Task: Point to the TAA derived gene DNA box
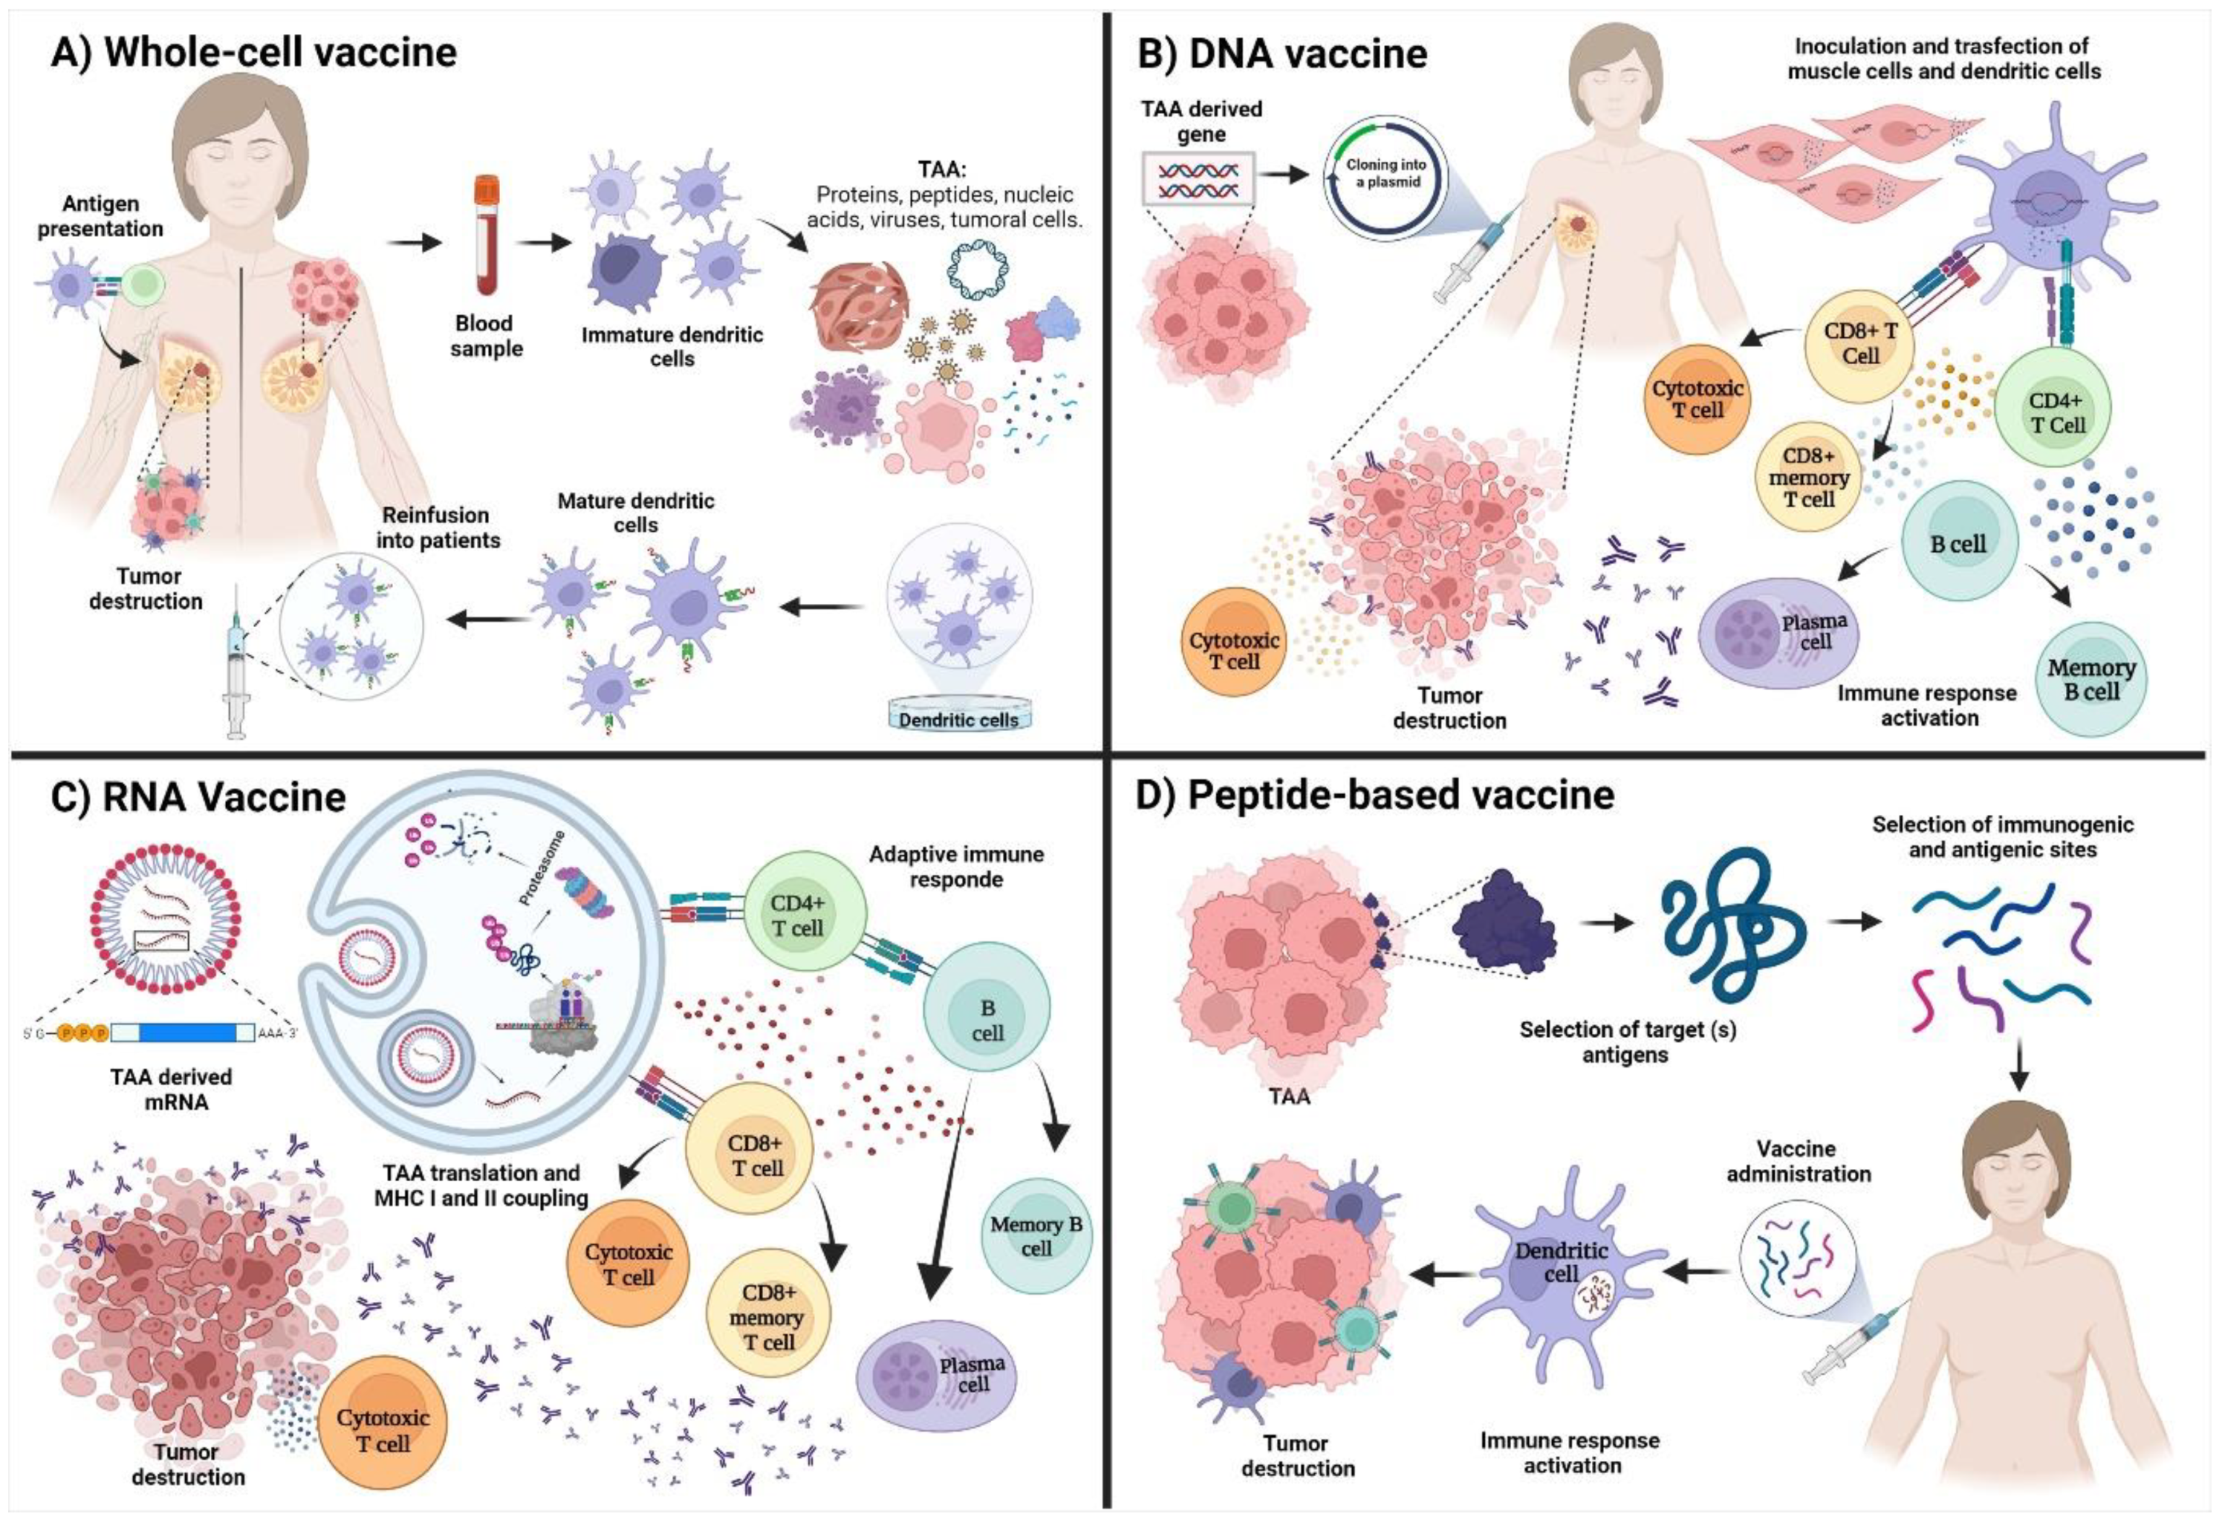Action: pos(1197,178)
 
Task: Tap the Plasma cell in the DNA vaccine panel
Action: pos(1779,633)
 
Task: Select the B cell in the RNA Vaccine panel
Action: pos(986,1019)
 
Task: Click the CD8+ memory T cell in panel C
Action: pos(768,1316)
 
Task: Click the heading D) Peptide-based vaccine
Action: pos(1374,795)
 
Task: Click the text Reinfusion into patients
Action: pos(437,527)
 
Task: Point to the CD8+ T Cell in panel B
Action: pos(1859,342)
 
